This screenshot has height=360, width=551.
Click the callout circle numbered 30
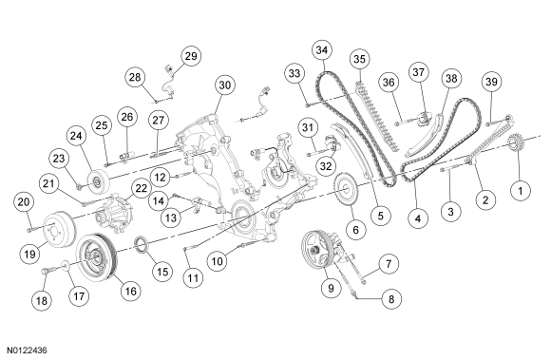(x=225, y=85)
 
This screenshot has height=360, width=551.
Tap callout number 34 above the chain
(x=322, y=50)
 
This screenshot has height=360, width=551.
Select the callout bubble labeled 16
(x=130, y=291)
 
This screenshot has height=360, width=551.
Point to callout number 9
(x=331, y=288)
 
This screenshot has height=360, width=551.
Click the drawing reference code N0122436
(x=28, y=351)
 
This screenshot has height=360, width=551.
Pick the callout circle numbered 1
(x=521, y=191)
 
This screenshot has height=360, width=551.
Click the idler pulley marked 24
(x=99, y=181)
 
